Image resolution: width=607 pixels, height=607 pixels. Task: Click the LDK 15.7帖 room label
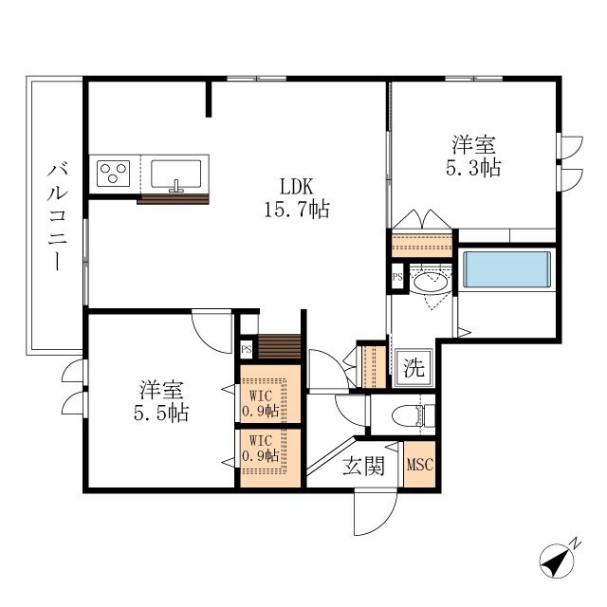tap(296, 197)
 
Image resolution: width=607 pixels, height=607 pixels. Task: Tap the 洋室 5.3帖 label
tap(474, 156)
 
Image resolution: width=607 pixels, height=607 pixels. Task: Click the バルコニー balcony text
tap(57, 216)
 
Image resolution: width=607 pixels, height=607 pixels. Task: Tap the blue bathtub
tap(505, 267)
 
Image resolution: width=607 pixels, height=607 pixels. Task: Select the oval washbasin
tap(434, 283)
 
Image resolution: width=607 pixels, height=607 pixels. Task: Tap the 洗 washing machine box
tap(414, 366)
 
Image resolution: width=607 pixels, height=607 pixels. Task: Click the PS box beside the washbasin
tap(397, 277)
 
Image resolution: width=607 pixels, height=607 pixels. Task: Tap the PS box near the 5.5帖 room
tap(246, 349)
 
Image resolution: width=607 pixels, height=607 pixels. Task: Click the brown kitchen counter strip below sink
tap(174, 199)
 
